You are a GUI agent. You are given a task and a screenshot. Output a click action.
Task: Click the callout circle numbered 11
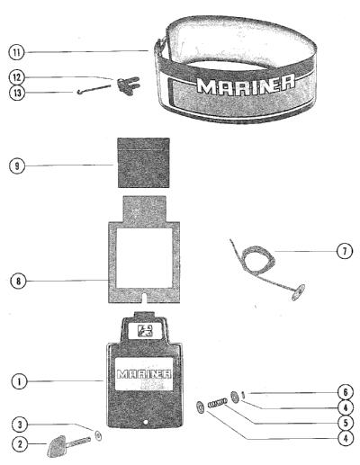pyautogui.click(x=16, y=52)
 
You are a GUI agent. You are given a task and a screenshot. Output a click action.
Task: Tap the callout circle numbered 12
pyautogui.click(x=16, y=77)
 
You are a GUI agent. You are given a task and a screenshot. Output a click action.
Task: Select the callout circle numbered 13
pyautogui.click(x=17, y=93)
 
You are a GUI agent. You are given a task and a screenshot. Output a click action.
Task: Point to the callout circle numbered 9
pyautogui.click(x=17, y=165)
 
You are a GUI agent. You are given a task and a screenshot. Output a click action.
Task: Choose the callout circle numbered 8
pyautogui.click(x=18, y=282)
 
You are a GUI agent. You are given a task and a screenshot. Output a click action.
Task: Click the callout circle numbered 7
pyautogui.click(x=345, y=251)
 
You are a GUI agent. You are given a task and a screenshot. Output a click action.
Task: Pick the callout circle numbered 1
pyautogui.click(x=19, y=381)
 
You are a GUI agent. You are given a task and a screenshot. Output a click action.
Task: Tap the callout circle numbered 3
pyautogui.click(x=20, y=425)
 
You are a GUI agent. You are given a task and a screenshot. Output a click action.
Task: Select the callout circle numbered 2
pyautogui.click(x=20, y=443)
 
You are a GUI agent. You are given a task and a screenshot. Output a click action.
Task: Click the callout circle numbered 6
pyautogui.click(x=346, y=392)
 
